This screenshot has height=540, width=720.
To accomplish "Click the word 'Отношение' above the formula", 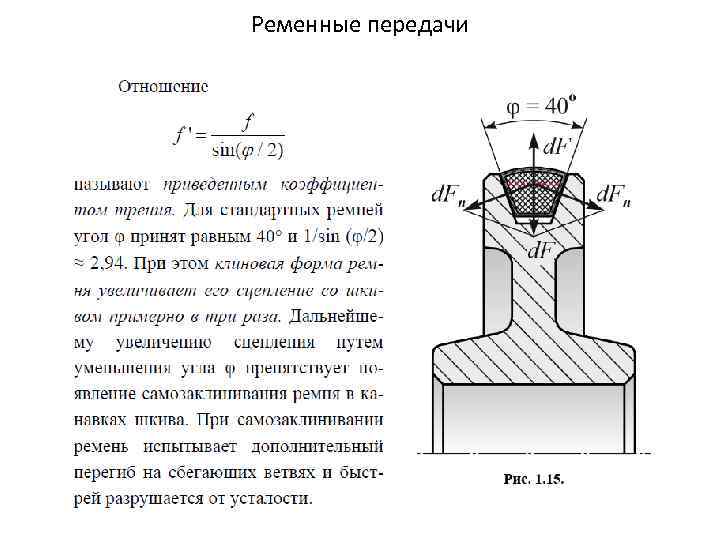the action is [x=163, y=86].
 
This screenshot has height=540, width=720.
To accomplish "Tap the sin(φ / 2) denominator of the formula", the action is [x=248, y=151].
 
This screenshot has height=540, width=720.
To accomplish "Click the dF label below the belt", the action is [x=543, y=248].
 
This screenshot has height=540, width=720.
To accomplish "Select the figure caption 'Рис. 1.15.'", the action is [x=533, y=479].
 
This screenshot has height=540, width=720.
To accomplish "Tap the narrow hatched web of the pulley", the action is [x=529, y=290].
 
